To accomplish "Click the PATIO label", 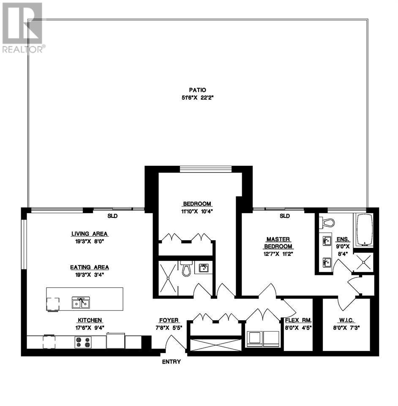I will pyautogui.click(x=197, y=90).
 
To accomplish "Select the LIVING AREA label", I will pyautogui.click(x=89, y=233).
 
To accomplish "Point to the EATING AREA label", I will pyautogui.click(x=89, y=267).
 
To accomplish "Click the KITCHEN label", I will pyautogui.click(x=89, y=321).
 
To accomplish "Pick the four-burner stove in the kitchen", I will pyautogui.click(x=83, y=342).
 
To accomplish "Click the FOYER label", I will pyautogui.click(x=169, y=321).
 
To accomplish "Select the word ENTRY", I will pyautogui.click(x=171, y=362).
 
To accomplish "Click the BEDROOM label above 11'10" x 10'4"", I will pyautogui.click(x=197, y=204).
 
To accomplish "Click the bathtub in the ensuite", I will pyautogui.click(x=364, y=230).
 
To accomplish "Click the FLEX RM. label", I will pyautogui.click(x=298, y=321).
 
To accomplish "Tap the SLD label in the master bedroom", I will pyautogui.click(x=284, y=216).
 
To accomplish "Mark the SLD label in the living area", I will pyautogui.click(x=112, y=216).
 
